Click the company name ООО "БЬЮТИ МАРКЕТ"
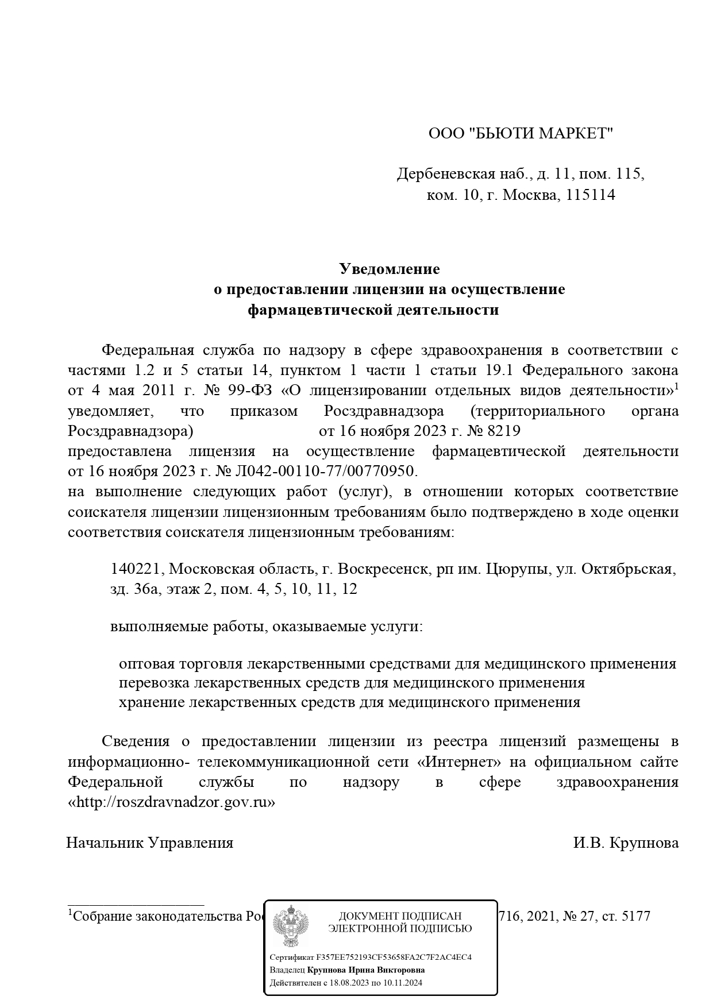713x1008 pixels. pos(521,134)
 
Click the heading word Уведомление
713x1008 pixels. pos(389,269)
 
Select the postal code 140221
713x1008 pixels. pos(136,569)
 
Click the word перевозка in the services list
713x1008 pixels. pos(154,683)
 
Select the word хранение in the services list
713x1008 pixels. pos(151,702)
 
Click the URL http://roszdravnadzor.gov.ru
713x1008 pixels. pos(172,802)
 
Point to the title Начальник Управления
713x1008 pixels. pos(150,843)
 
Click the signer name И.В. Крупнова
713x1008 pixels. pos(625,843)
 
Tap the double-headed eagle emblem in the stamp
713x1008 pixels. pos(290,926)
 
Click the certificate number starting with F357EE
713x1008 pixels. pos(394,957)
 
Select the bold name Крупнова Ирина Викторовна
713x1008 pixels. pos(366,970)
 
